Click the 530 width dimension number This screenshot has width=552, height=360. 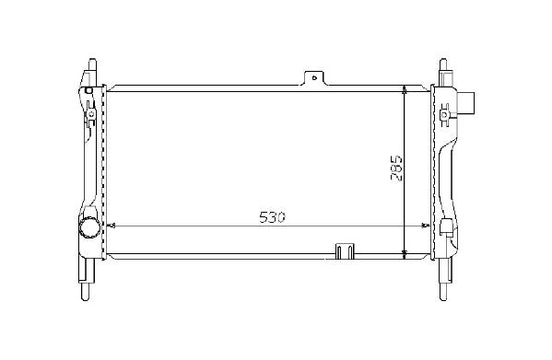point(272,217)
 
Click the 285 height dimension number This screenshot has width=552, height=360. point(396,168)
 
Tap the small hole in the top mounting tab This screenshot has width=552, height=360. point(315,77)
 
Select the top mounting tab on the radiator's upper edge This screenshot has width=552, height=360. point(314,78)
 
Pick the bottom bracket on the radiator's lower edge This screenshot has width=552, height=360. point(345,251)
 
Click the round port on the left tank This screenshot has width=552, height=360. point(89,227)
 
